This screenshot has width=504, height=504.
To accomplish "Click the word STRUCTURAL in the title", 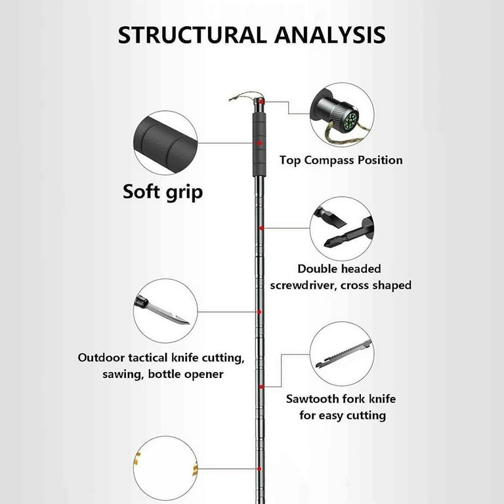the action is (x=192, y=35).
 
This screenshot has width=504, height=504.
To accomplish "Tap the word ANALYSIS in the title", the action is (x=330, y=35).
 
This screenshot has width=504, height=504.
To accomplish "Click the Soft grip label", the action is (x=163, y=192).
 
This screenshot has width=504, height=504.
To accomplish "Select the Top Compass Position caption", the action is (x=341, y=160).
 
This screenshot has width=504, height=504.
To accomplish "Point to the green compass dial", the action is (x=350, y=121).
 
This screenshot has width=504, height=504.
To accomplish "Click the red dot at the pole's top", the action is (x=262, y=102).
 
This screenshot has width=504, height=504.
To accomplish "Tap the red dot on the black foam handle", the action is (x=259, y=143).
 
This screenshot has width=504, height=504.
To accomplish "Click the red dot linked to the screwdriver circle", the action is (x=261, y=228).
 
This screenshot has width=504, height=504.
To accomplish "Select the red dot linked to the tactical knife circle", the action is (x=259, y=312).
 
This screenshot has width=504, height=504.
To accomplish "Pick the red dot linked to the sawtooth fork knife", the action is (x=261, y=387).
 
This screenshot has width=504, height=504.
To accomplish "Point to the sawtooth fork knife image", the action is (x=344, y=354).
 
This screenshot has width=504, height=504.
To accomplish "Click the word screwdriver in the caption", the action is (x=302, y=285).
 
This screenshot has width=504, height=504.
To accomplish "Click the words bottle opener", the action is (x=186, y=374).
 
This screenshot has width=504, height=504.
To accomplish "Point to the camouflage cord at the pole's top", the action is (x=243, y=96).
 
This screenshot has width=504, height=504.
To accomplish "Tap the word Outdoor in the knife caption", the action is (x=101, y=358).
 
